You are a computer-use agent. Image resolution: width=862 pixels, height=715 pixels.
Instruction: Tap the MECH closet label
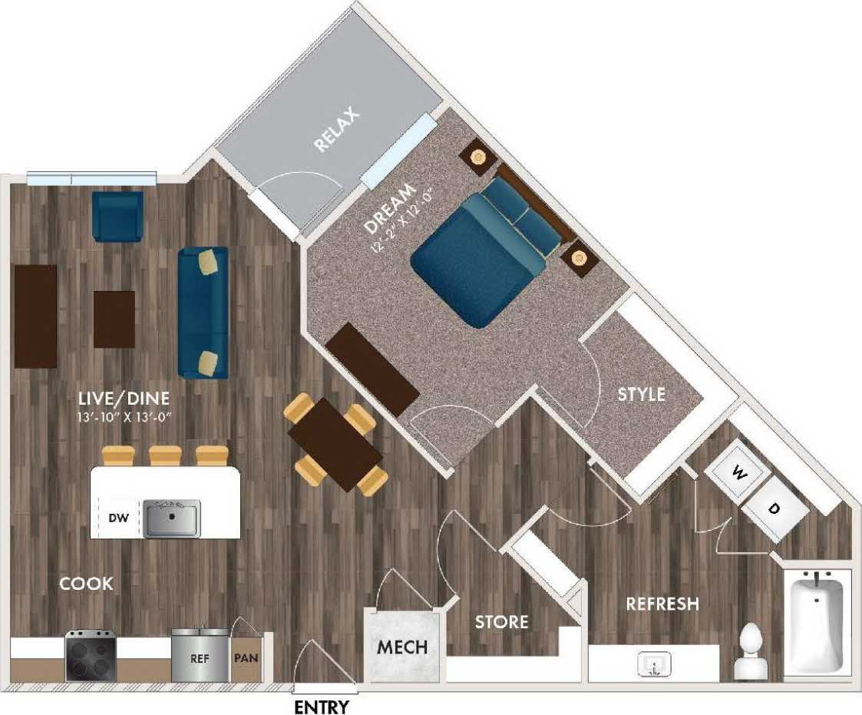[401, 647]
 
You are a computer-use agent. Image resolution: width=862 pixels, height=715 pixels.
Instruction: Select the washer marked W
[738, 474]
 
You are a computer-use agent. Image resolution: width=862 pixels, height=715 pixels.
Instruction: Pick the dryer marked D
[775, 508]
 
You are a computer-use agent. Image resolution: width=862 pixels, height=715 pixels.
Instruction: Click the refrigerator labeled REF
[200, 657]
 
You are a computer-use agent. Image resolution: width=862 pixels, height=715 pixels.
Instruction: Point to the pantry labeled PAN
[246, 657]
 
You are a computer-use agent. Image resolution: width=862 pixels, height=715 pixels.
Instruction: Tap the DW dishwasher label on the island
[117, 517]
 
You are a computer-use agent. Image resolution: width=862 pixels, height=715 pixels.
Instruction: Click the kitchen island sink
[172, 517]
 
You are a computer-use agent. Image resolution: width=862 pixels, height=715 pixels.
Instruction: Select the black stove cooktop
[91, 656]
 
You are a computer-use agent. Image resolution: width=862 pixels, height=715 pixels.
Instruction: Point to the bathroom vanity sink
[654, 664]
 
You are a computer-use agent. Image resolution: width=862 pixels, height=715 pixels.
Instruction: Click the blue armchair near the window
[117, 217]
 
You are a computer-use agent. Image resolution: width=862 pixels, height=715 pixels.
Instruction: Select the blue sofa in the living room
[203, 313]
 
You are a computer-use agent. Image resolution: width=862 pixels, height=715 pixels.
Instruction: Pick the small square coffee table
[114, 319]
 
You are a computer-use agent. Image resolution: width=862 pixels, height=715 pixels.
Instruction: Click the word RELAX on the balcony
[335, 131]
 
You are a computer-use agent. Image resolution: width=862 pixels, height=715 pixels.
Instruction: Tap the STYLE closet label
[642, 395]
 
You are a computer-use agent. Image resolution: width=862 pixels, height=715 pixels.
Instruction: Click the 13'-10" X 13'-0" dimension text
[124, 418]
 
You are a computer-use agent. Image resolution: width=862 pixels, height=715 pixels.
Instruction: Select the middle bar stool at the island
[165, 455]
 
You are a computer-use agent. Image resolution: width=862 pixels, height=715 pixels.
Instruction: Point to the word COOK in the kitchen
[87, 584]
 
